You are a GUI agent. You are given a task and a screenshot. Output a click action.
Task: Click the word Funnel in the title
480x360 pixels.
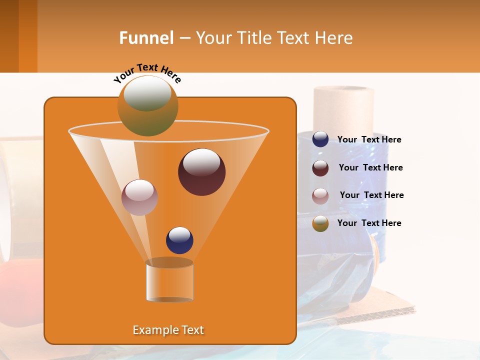point(146,38)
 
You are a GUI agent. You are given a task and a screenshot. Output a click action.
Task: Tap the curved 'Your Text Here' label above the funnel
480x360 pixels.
point(147,73)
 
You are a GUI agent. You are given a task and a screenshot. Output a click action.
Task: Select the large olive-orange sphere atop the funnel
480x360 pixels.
point(148,105)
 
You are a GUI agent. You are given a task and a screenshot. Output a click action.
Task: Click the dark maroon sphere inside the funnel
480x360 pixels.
point(201,172)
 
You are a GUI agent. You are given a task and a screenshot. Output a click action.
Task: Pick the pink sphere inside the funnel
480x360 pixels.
point(139,197)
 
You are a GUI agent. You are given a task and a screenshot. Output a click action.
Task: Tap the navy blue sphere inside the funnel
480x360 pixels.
point(179,240)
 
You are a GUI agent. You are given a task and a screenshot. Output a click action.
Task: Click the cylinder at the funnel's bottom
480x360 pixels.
point(169,281)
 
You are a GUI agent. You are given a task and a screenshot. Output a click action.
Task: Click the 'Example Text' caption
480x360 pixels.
point(168,330)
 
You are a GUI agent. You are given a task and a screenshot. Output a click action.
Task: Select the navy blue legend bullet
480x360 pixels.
point(320,139)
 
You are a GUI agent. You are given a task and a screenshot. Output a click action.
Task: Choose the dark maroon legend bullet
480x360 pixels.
point(320,168)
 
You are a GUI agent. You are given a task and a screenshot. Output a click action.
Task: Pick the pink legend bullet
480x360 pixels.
point(320,196)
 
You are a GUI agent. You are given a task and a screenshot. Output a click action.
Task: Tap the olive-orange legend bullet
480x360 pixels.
point(320,223)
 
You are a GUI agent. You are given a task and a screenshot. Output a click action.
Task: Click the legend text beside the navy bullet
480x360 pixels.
point(369,140)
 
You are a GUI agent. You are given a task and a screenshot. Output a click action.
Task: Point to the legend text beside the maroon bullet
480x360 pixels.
point(370,167)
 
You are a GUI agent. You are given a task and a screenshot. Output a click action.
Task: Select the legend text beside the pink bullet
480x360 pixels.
point(371,195)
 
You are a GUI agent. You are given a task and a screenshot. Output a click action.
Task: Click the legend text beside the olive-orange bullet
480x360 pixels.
point(369,223)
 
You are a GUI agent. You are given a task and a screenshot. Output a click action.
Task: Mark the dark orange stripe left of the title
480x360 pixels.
point(28,36)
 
